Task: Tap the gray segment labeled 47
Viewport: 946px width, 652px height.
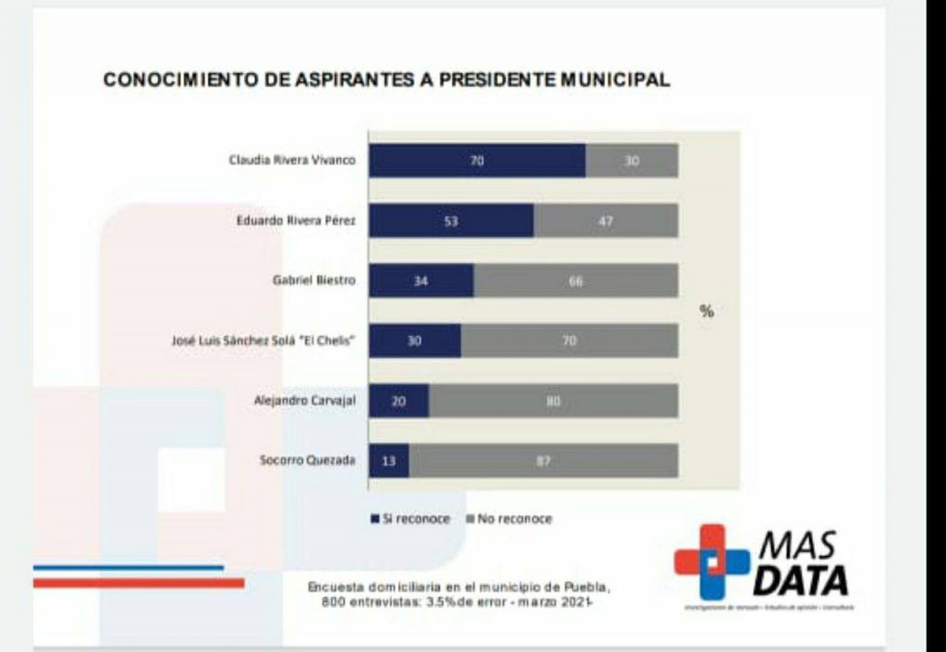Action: [x=605, y=221]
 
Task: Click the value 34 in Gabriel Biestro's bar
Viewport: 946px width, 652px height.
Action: [x=419, y=281]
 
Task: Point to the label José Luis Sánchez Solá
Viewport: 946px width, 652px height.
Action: [x=243, y=341]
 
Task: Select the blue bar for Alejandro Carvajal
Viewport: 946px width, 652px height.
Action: [x=398, y=401]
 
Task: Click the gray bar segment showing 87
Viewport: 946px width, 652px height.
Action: [x=543, y=461]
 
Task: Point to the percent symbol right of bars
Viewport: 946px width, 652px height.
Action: [x=707, y=311]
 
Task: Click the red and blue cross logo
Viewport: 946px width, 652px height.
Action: [x=711, y=561]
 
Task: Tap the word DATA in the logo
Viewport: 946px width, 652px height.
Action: [x=800, y=581]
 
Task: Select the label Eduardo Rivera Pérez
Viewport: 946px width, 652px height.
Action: [x=296, y=221]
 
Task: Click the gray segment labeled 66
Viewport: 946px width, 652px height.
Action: [x=576, y=281]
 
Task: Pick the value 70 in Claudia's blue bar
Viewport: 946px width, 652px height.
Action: [x=478, y=161]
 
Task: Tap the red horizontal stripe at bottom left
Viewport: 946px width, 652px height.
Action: [x=139, y=583]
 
